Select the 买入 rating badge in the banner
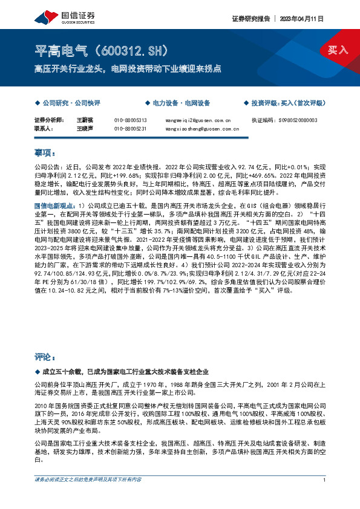(338, 50)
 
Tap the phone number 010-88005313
(130, 120)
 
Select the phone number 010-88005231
(130, 129)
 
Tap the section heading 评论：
(45, 357)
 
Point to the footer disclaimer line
(88, 479)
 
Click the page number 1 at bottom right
(325, 479)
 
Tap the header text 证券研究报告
(249, 18)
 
